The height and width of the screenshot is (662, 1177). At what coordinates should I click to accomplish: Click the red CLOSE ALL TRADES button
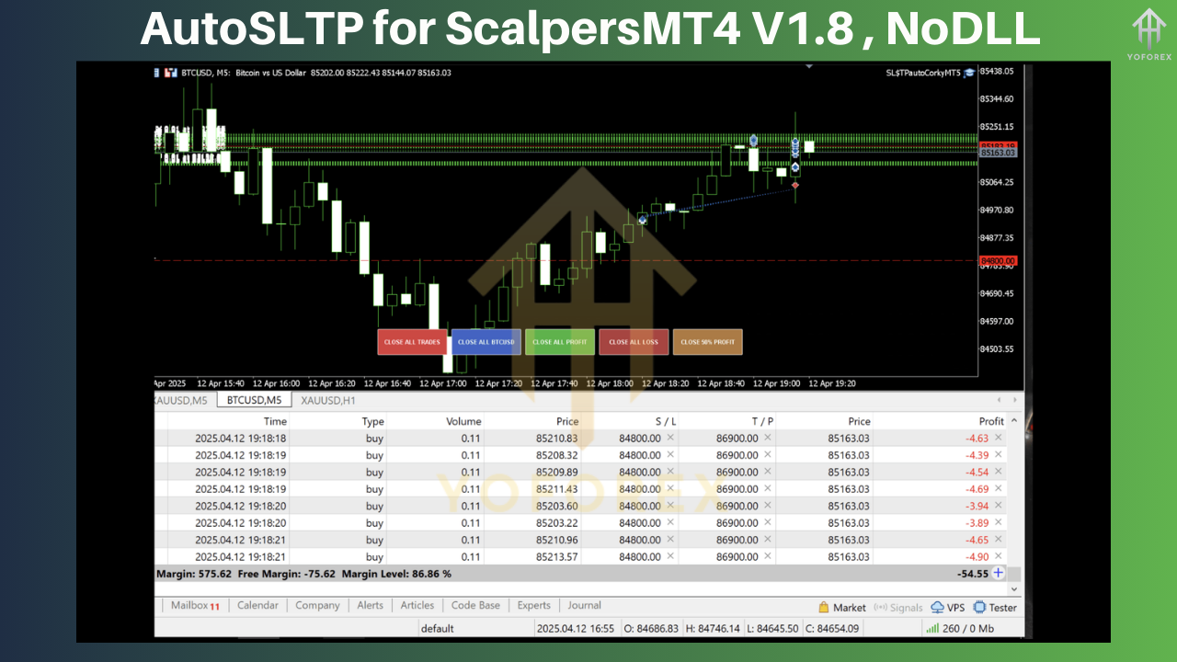point(412,342)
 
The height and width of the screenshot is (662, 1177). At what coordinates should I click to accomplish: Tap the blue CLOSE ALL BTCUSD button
point(486,342)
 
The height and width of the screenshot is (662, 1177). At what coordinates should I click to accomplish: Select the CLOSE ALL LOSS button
point(634,342)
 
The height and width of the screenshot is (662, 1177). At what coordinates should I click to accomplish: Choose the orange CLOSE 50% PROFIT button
point(707,342)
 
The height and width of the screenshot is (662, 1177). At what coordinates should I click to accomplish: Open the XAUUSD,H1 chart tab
point(328,400)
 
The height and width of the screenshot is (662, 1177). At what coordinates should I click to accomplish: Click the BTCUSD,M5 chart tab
point(253,400)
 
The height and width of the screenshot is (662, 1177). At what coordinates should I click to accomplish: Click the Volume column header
point(463,421)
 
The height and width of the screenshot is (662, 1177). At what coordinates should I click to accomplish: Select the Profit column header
point(991,421)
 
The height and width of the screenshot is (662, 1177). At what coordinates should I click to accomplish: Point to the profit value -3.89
point(977,523)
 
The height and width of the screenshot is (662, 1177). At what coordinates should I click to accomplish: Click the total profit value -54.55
point(973,573)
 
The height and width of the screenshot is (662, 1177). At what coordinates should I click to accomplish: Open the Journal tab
point(584,606)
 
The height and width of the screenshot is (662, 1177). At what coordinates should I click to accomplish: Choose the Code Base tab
point(475,606)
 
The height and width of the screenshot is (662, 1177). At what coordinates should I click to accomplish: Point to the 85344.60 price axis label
point(997,98)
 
